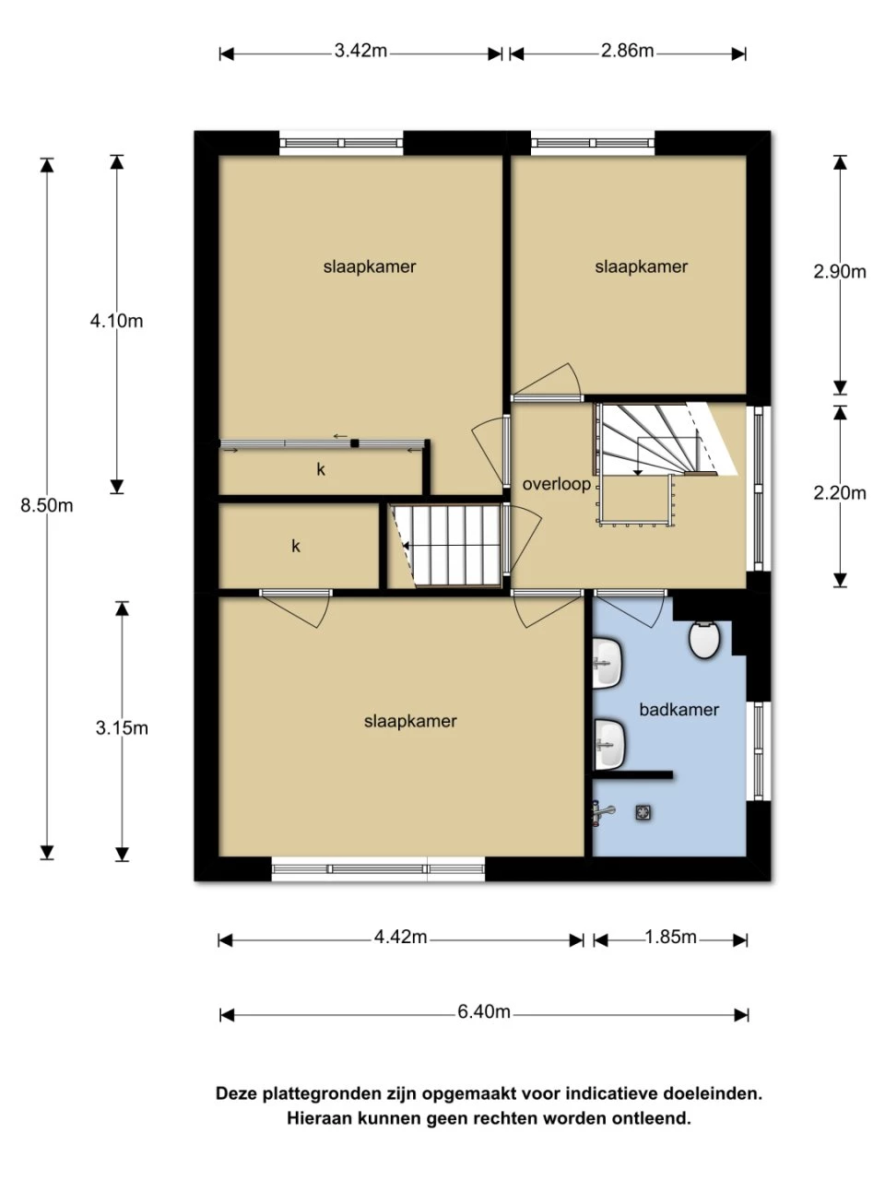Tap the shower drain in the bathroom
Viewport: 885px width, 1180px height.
point(642,811)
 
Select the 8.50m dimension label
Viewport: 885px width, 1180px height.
point(47,505)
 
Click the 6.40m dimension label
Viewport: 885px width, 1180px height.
point(484,1012)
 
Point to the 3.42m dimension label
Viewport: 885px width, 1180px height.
point(360,51)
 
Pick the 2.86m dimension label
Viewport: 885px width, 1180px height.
point(627,51)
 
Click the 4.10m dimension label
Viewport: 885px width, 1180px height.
point(116,321)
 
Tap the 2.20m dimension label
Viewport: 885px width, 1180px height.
point(840,492)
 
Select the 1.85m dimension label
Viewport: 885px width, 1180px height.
point(670,938)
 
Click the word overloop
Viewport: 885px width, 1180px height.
point(556,484)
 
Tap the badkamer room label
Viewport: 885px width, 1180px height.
point(678,709)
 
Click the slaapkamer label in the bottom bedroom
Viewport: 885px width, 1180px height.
point(410,721)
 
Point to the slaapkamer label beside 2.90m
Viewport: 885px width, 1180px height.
point(641,266)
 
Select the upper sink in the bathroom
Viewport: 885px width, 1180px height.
point(608,665)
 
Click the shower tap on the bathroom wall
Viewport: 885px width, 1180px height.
point(603,810)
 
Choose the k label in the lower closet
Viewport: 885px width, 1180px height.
point(296,546)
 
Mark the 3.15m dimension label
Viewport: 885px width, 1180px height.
point(122,727)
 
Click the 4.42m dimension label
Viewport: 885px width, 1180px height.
point(400,938)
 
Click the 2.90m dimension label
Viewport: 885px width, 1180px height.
point(840,271)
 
